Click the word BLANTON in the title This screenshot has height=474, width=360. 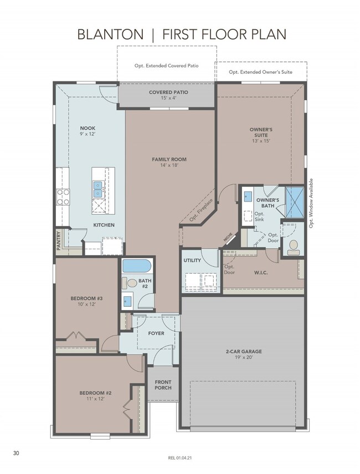pos(110,34)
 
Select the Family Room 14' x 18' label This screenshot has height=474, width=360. pos(169,162)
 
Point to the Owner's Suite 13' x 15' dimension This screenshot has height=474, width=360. pos(261,141)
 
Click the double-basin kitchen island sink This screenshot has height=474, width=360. pos(97,189)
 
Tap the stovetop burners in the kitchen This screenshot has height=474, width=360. pos(63,197)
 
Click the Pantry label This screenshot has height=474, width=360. pos(59,241)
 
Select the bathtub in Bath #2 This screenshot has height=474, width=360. pos(136,266)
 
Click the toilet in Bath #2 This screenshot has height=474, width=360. pos(129,283)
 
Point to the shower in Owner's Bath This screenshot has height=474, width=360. pos(295,202)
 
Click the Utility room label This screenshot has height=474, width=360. pos(192,260)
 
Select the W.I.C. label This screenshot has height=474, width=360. pos(260,272)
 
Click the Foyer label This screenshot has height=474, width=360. pos(156,333)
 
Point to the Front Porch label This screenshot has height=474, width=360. pos(163,385)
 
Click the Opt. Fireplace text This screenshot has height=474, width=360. pos(201,210)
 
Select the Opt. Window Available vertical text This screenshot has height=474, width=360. pos(311,203)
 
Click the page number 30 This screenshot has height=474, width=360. pos(16,453)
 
